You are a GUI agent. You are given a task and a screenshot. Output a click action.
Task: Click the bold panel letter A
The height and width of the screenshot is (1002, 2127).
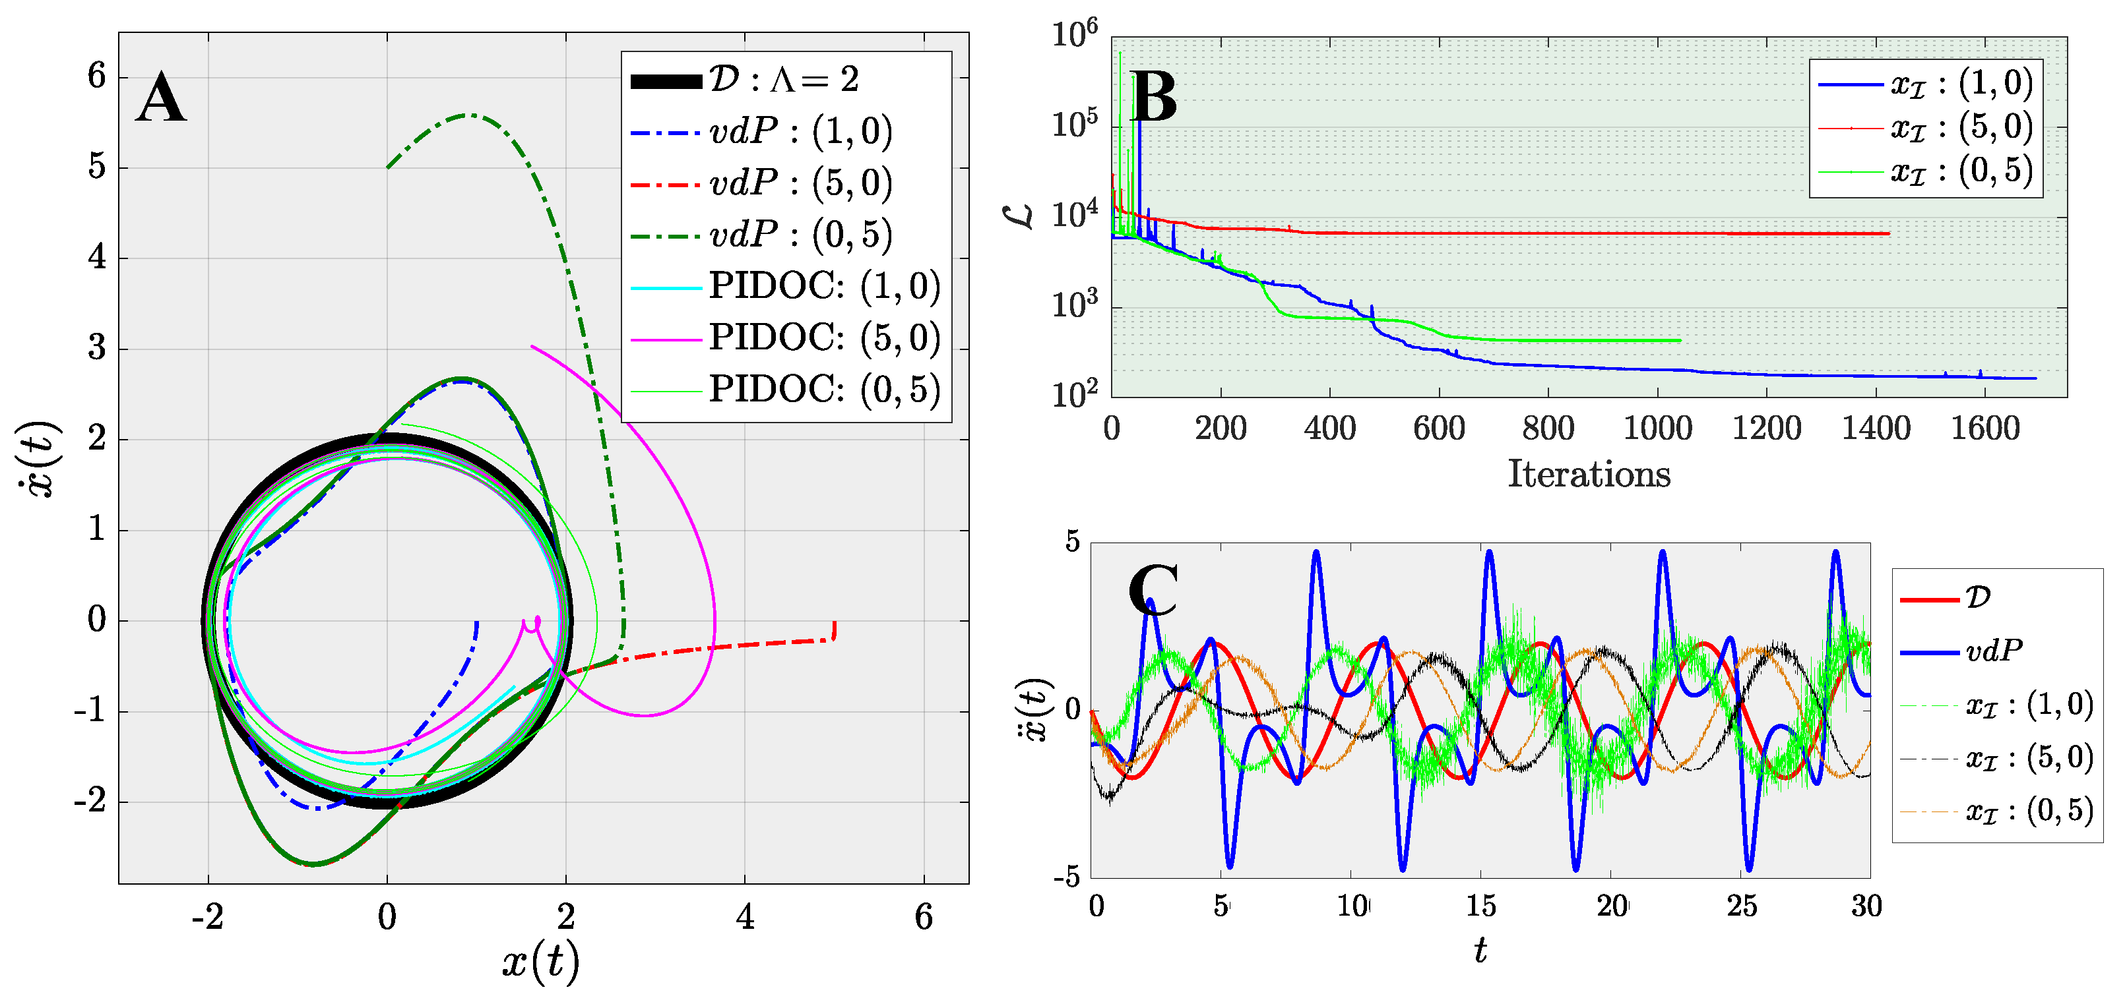161,98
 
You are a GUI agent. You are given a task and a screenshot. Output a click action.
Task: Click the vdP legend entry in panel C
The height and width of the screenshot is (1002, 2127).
1992,651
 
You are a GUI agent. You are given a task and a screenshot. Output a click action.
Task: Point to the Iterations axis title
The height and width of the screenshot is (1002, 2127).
1589,475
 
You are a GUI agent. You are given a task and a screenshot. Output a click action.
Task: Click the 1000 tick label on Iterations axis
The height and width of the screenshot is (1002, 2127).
1657,429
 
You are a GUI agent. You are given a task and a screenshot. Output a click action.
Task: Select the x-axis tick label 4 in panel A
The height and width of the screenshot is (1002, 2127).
745,917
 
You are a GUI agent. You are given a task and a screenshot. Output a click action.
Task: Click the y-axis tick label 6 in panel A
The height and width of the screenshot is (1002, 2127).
98,76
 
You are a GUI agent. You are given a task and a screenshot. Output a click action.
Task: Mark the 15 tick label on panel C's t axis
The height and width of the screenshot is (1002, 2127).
1480,906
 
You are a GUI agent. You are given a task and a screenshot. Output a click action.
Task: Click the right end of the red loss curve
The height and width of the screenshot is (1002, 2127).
1888,233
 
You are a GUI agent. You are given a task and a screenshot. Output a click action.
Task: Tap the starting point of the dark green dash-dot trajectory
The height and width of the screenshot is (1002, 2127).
387,167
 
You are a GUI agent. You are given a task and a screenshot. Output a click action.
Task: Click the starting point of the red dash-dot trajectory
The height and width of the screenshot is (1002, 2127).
835,622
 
